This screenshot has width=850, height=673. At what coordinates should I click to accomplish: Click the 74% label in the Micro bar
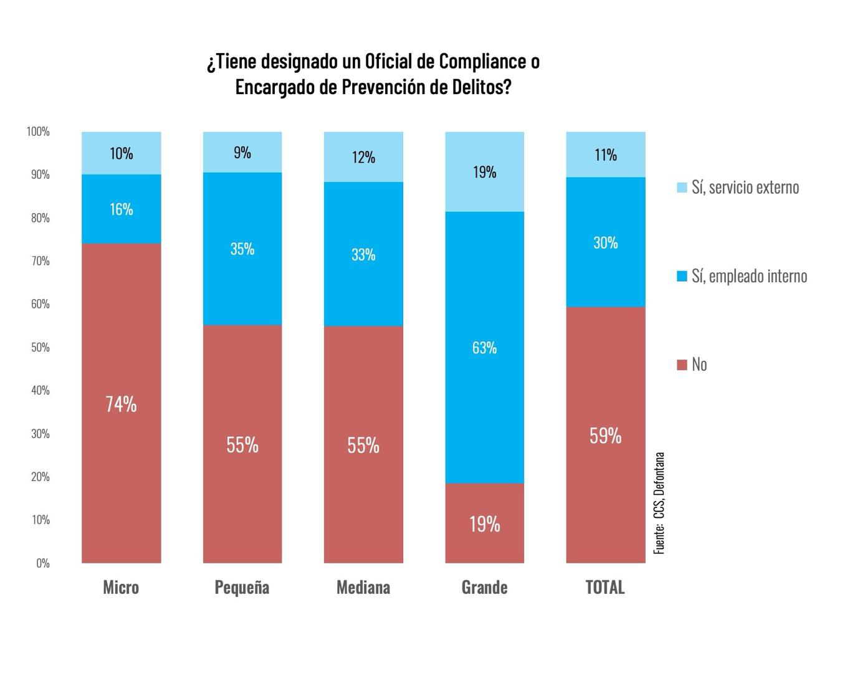121,404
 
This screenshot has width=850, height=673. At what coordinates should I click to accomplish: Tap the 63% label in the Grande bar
484,348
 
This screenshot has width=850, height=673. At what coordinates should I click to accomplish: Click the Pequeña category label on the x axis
242,588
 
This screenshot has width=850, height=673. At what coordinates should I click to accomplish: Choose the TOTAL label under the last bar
605,588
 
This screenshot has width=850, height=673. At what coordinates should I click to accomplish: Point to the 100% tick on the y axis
38,131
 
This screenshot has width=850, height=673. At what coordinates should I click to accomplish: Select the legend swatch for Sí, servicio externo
682,188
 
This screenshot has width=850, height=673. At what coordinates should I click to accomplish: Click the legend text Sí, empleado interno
749,276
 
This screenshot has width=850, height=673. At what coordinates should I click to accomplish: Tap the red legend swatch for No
682,365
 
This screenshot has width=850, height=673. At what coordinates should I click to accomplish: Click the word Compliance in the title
482,62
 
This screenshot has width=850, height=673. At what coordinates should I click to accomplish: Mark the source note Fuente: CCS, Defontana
659,503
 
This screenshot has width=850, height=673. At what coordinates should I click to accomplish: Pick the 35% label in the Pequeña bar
242,249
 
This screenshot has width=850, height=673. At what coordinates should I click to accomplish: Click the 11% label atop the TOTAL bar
605,155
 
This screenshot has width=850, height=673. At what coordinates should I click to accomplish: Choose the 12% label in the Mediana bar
363,157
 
